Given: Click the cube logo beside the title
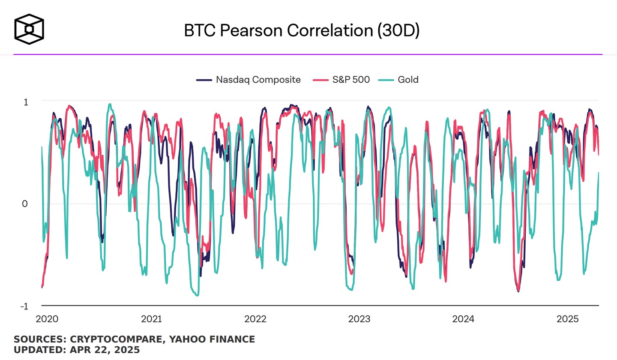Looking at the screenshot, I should click(29, 30).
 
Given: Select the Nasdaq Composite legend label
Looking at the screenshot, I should click(258, 80).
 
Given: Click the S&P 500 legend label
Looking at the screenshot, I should click(351, 80).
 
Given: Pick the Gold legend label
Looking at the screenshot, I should click(407, 80).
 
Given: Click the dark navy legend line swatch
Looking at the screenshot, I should click(204, 80).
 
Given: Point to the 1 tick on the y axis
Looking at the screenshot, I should click(26, 102).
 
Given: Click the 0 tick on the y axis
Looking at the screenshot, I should click(25, 204).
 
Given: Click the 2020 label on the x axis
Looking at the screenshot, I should click(47, 319).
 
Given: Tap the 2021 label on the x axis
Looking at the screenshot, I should click(151, 319).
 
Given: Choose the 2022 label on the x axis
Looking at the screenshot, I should click(255, 319).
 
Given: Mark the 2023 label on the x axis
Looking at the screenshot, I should click(359, 319).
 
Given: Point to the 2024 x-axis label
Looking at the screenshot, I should click(463, 319).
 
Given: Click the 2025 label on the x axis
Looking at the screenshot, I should click(567, 319).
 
